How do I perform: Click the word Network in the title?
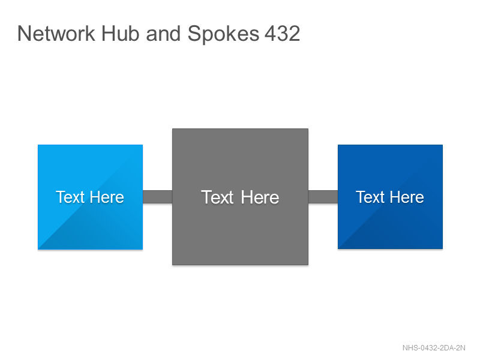point(56,34)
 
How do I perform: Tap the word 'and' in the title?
point(163,34)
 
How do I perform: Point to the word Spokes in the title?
point(223,34)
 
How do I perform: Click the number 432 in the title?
point(282,34)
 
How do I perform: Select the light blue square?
point(91,197)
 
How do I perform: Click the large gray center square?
point(241,197)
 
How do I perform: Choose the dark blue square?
point(391,197)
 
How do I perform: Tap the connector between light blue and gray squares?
point(158,197)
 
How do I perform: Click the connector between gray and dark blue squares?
point(323,197)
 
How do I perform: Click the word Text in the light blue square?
point(70,197)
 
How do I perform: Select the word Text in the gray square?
point(217,197)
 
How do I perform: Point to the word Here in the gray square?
point(260,197)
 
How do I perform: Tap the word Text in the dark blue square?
point(370,197)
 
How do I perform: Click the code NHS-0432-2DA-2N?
point(434,348)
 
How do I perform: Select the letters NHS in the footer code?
point(410,348)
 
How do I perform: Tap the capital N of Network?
point(24,34)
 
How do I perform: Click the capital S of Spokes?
point(194,34)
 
